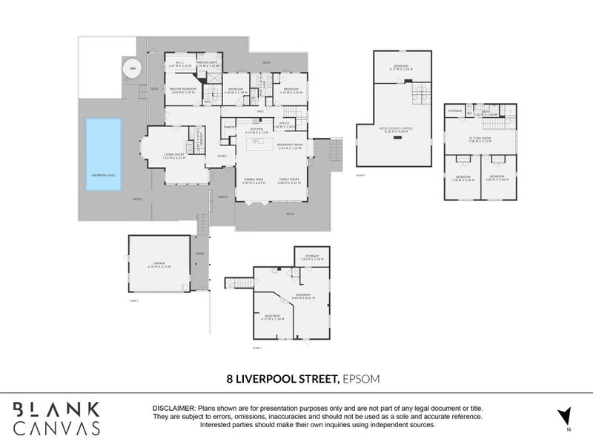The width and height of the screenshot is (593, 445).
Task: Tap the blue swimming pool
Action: tap(104, 155)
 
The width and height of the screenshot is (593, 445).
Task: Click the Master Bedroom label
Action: tap(184, 90)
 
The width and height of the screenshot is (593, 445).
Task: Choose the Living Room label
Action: tap(175, 154)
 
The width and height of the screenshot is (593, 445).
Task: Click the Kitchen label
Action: tap(256, 130)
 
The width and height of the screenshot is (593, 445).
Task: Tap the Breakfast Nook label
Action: tap(291, 145)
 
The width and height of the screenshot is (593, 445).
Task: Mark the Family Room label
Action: tap(289, 179)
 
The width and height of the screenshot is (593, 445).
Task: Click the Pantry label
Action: tap(230, 127)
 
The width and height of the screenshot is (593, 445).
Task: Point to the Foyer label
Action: tap(221, 156)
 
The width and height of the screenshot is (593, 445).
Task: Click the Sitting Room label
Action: tap(480, 139)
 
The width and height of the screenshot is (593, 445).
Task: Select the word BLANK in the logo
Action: tap(56, 409)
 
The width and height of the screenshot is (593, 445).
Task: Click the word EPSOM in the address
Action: tap(362, 378)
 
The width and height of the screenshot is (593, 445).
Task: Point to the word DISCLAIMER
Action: tap(173, 409)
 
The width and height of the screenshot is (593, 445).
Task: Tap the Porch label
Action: tap(222, 196)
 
